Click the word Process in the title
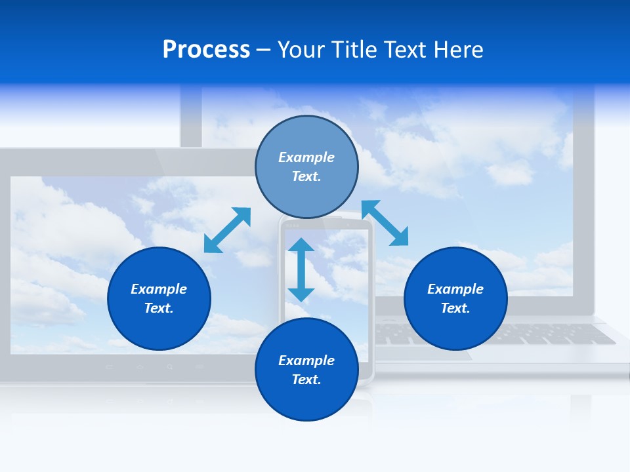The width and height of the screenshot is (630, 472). click(206, 50)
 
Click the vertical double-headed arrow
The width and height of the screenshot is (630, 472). click(301, 269)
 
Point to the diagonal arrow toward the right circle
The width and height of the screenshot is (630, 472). click(385, 223)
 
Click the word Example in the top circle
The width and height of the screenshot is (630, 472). click(306, 157)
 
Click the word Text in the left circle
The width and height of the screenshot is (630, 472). click(158, 308)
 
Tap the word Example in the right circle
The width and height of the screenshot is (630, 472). click(455, 289)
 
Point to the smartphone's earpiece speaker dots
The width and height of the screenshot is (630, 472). click(293, 226)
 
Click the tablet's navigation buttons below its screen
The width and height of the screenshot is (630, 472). click(154, 366)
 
